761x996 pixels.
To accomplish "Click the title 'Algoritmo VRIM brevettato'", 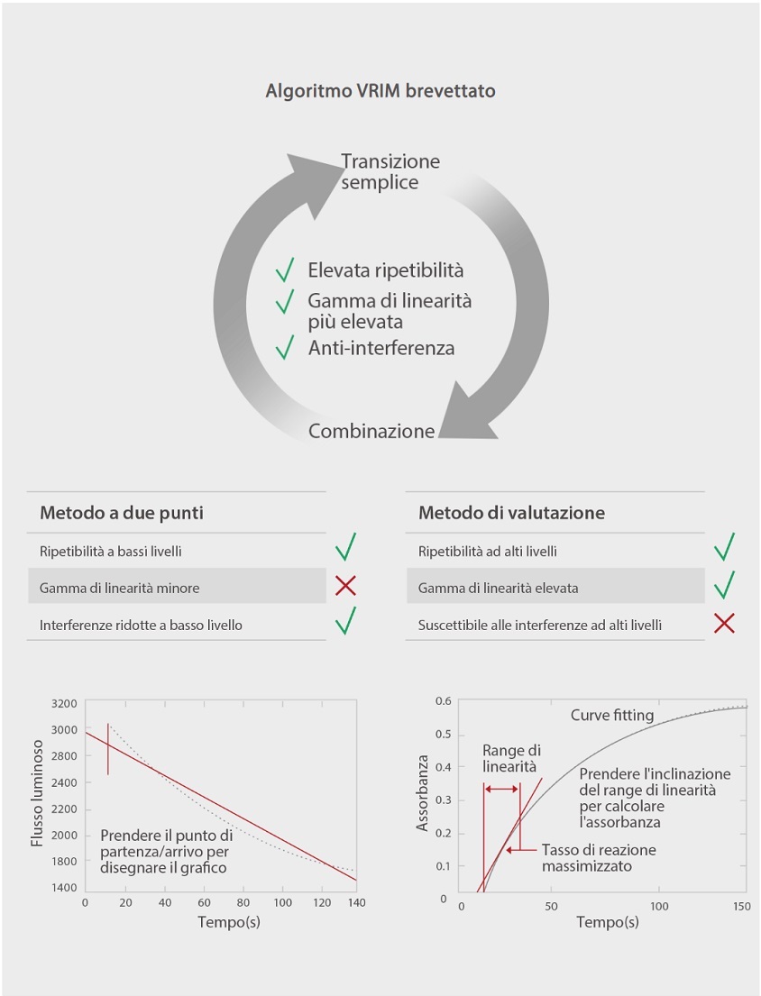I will coord(380,91).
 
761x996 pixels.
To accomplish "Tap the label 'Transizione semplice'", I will coord(390,171).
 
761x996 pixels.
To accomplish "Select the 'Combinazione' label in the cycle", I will coord(371,431).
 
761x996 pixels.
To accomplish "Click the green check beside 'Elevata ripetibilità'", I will coord(285,270).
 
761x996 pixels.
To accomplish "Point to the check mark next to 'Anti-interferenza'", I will coord(285,347).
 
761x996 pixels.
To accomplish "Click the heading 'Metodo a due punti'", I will coord(122,513).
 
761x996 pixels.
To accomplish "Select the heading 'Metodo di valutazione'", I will coord(511,513).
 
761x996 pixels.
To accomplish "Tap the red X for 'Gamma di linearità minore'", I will coord(345,587).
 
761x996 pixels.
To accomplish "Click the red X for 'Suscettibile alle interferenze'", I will coord(723,624).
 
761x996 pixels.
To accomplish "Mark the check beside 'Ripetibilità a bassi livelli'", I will coord(345,547).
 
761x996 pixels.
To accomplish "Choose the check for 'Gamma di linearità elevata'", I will coord(723,586).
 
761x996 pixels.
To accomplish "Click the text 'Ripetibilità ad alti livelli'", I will coord(488,551).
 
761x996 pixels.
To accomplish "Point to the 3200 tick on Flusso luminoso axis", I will coord(65,703).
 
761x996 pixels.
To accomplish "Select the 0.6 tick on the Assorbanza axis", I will coord(443,701).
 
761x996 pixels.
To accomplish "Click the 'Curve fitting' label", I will coord(612,716).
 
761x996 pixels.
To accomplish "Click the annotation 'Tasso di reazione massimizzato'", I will coord(599,858).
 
